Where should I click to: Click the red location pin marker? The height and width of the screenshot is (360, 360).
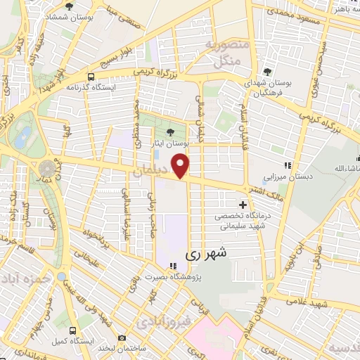point(182,166)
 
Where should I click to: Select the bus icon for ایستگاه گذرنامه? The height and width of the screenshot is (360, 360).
point(91,77)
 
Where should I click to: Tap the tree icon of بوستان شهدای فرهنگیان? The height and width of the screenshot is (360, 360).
point(267,72)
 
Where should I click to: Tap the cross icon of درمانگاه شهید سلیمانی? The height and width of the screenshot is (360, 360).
point(243,204)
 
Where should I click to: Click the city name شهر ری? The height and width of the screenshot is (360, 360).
point(203,256)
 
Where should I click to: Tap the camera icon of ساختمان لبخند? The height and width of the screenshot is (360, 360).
point(122,339)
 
